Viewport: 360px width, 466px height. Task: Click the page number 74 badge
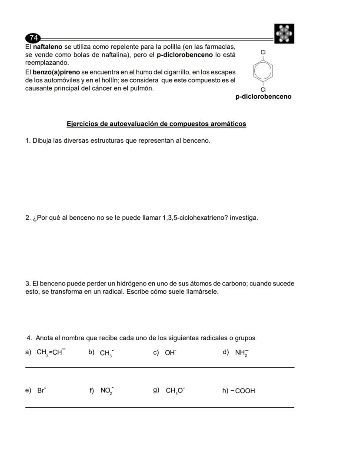[33, 37]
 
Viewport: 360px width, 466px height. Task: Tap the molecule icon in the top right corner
[284, 34]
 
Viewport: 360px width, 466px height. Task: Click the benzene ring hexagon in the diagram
[263, 70]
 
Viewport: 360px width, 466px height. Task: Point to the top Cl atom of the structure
[263, 52]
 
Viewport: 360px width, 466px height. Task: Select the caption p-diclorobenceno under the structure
[263, 97]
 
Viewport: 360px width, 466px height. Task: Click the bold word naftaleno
[48, 47]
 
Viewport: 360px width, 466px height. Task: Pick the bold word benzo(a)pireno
[56, 72]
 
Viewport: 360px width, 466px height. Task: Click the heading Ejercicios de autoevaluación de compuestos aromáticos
[156, 124]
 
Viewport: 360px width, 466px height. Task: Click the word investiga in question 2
[243, 218]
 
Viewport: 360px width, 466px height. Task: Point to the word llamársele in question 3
[203, 292]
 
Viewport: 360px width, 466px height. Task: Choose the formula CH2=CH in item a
[51, 352]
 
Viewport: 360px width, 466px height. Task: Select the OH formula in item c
[170, 353]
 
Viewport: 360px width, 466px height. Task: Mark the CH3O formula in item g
[175, 391]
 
